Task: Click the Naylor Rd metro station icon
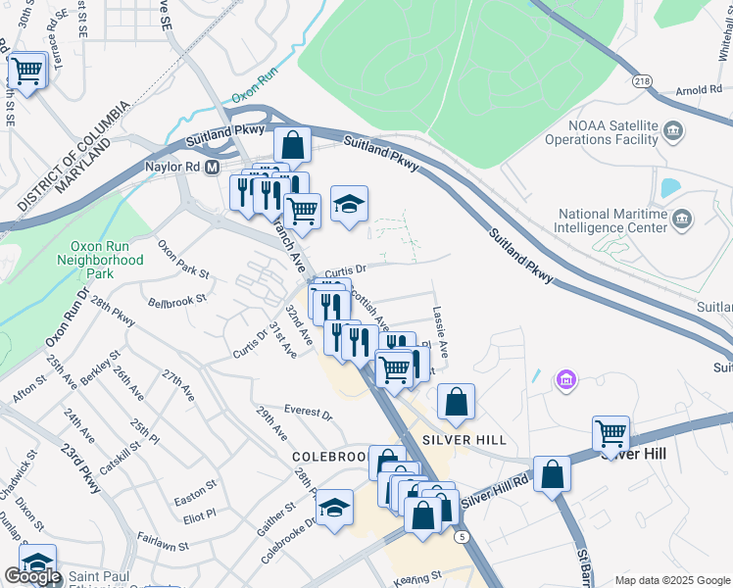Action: coord(210,168)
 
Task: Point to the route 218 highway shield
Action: coord(642,81)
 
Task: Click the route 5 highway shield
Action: coord(460,536)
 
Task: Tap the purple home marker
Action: coord(564,379)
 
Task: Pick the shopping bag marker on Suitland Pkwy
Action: coord(292,147)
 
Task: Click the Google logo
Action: coord(32,577)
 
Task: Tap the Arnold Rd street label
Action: coord(699,91)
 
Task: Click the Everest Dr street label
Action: coord(308,411)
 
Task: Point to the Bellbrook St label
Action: coord(177,299)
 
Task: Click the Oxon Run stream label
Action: coord(255,85)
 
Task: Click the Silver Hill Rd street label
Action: coord(495,488)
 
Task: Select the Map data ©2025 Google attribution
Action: coord(671,580)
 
